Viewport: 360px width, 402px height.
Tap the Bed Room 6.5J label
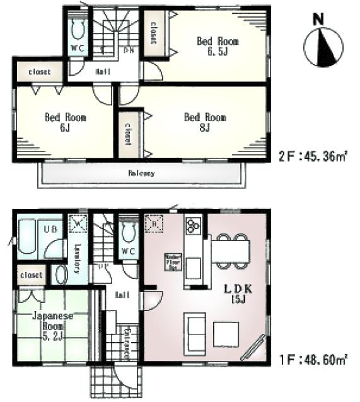click(218, 46)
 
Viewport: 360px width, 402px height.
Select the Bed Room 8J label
click(205, 122)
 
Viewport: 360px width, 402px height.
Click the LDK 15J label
click(240, 293)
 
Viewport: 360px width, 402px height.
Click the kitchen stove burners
click(192, 225)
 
